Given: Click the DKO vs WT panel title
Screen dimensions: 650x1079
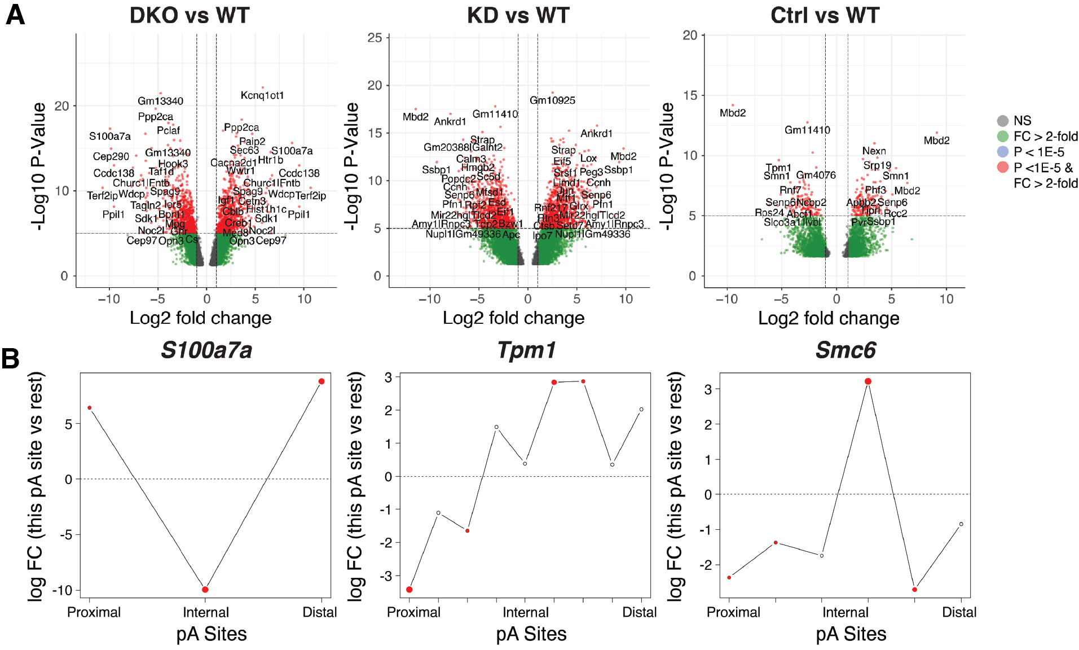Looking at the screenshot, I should [x=190, y=16].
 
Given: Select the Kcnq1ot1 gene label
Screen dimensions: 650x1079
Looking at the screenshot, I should [x=262, y=95].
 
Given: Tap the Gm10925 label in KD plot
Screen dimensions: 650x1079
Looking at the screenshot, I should [x=552, y=100].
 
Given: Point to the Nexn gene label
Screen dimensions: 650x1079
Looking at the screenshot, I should [x=874, y=151].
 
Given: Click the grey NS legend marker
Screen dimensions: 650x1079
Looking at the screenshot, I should [x=1002, y=121].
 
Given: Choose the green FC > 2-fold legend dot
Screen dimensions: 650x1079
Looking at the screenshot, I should [x=1002, y=137].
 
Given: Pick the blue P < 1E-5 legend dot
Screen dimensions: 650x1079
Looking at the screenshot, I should [x=1002, y=152].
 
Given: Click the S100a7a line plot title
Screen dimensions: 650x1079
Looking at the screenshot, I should [x=206, y=350].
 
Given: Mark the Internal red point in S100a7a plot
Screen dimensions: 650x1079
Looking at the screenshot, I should [x=205, y=590].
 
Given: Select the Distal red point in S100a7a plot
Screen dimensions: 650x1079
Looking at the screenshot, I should [x=322, y=381].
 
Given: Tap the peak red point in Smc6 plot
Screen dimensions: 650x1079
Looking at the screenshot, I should [x=868, y=381].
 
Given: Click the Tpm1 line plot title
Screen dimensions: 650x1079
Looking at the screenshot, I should [x=526, y=350].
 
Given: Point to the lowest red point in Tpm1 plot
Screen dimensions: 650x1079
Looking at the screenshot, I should [x=409, y=590].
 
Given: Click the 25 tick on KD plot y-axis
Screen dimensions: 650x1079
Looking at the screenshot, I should [x=375, y=38].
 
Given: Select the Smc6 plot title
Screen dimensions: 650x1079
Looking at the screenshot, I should [x=845, y=350].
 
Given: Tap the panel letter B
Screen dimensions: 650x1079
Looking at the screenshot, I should [x=11, y=359].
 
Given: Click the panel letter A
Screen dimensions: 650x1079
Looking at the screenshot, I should [x=15, y=15].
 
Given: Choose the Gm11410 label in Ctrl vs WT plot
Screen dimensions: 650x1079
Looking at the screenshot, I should [x=807, y=130].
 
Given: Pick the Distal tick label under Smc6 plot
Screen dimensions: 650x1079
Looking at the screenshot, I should [x=959, y=612].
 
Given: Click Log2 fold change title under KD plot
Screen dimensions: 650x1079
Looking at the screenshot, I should [x=513, y=318].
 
